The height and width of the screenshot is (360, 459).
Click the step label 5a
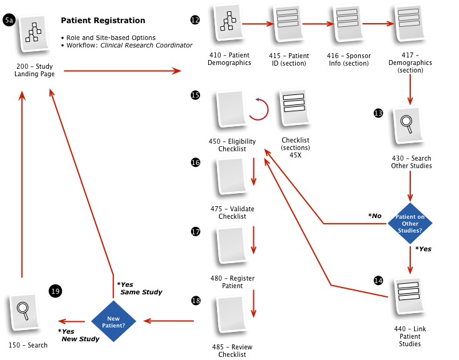tap(9, 21)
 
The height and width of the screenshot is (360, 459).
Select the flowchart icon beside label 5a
tap(34, 32)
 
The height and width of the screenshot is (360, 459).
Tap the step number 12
tap(195, 20)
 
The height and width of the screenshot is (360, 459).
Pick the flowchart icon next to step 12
tap(229, 21)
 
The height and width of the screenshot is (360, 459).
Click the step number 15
tap(195, 95)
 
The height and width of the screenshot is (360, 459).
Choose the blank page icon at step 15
tap(231, 107)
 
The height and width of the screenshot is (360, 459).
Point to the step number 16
tap(196, 162)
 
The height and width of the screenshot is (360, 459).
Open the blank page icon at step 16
tap(232, 175)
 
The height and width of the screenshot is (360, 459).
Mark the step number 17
tap(196, 232)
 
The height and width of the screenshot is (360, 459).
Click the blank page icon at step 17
tap(232, 244)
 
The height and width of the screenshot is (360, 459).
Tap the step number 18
tap(196, 301)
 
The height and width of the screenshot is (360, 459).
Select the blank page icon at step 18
tap(231, 313)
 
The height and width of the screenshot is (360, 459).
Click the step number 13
tap(378, 113)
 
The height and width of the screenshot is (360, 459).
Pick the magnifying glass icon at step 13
tap(408, 124)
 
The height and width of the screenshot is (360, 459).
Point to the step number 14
tap(378, 281)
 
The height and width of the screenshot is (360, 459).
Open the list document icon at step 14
tap(410, 295)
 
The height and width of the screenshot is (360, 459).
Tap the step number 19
tap(56, 291)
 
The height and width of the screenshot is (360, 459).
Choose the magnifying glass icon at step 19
tap(25, 311)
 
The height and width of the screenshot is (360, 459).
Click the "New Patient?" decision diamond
tap(115, 322)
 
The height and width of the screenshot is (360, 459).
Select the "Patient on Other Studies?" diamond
tap(410, 223)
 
